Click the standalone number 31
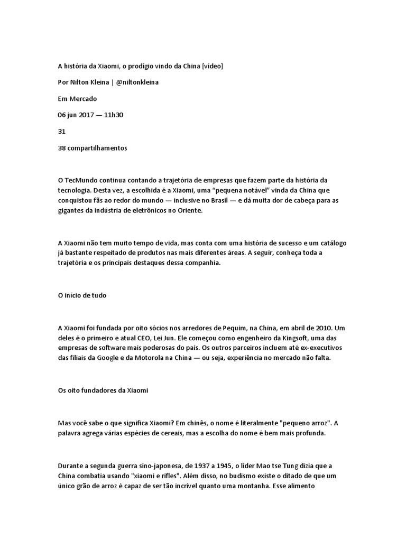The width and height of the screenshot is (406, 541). (61, 132)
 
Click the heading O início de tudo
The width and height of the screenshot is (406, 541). (82, 295)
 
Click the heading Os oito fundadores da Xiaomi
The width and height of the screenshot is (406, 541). (103, 390)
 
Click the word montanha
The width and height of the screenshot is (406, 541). (252, 485)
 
